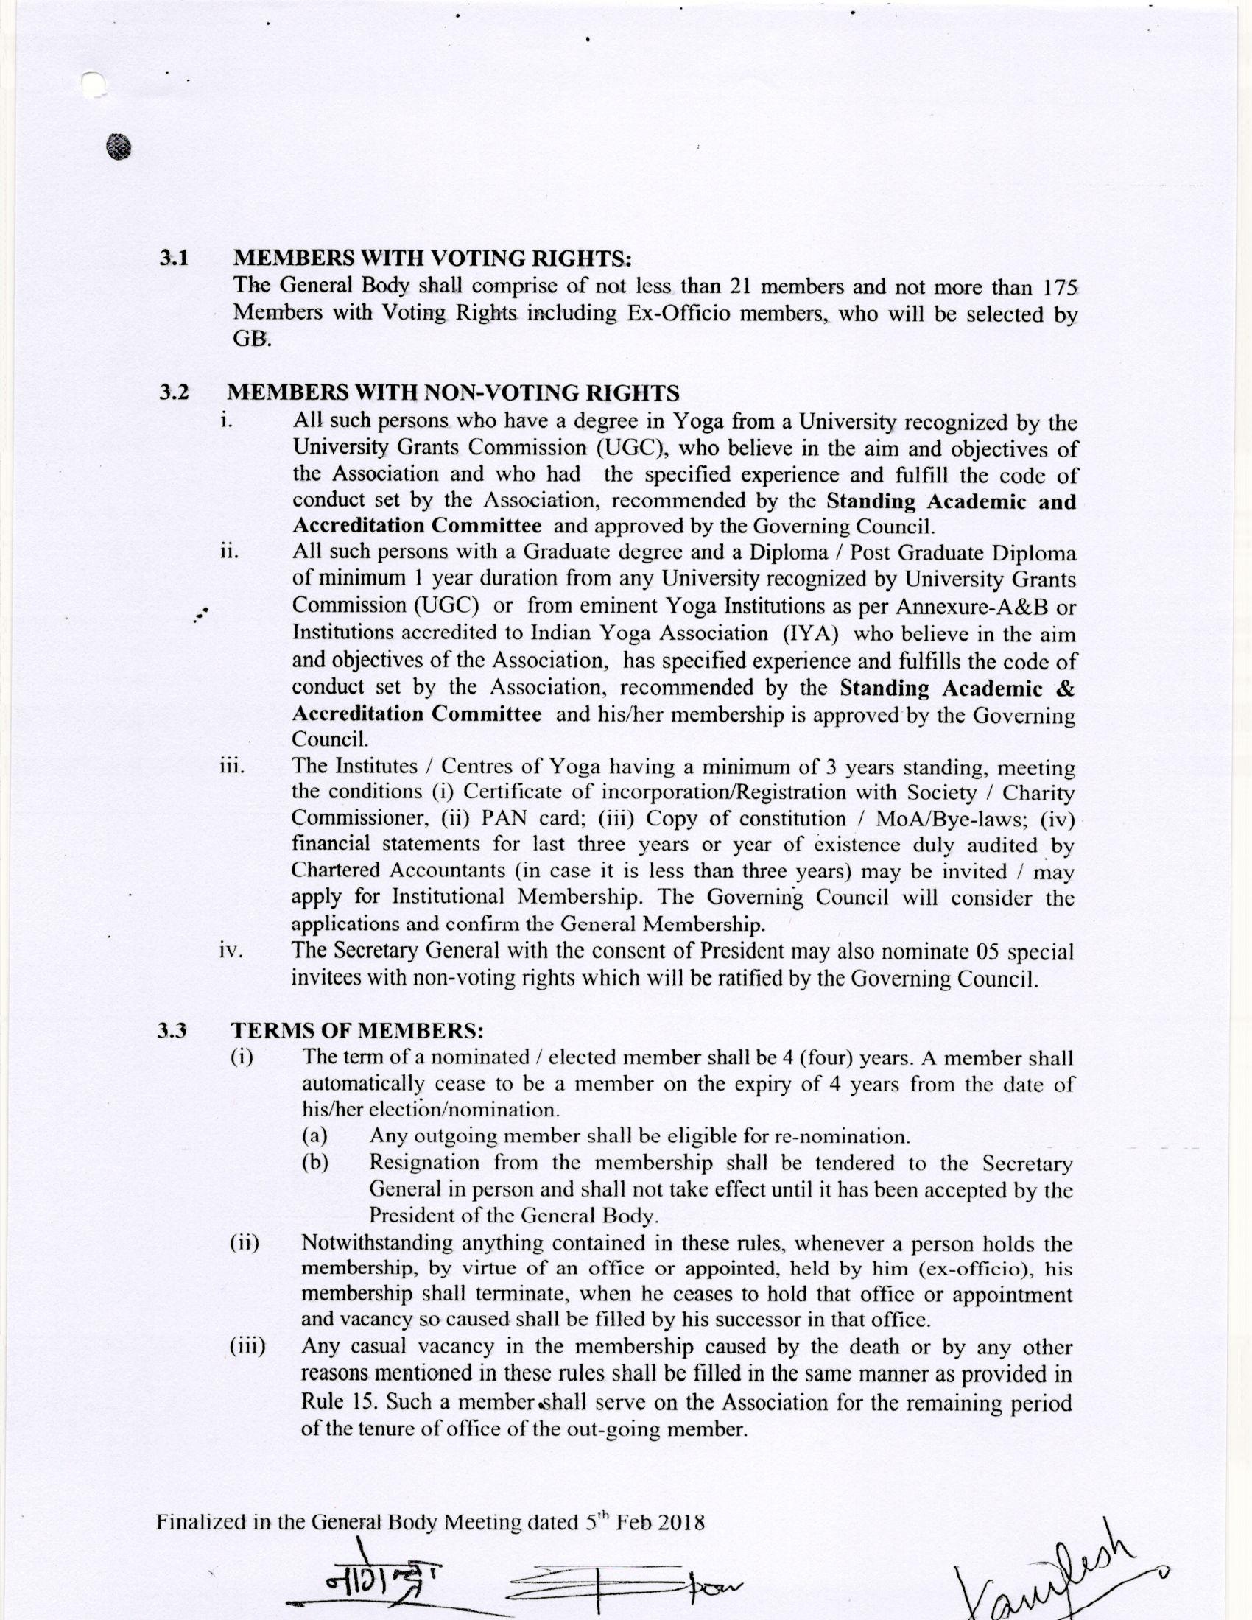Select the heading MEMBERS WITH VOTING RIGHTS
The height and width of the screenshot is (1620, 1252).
433,258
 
